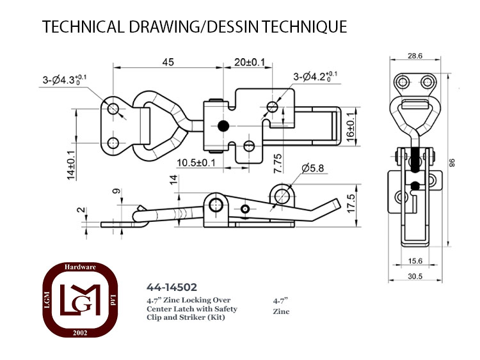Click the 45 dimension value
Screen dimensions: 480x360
pyautogui.click(x=168, y=62)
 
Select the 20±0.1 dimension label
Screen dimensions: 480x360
pyautogui.click(x=250, y=63)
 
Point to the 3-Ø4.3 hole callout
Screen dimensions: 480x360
pyautogui.click(x=65, y=79)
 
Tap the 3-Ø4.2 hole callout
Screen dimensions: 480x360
pyautogui.click(x=316, y=76)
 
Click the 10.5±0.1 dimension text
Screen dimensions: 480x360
pyautogui.click(x=196, y=162)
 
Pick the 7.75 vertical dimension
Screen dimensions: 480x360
pyautogui.click(x=278, y=164)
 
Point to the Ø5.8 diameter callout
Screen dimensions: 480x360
pyautogui.click(x=312, y=168)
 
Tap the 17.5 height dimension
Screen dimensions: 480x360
pyautogui.click(x=351, y=203)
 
